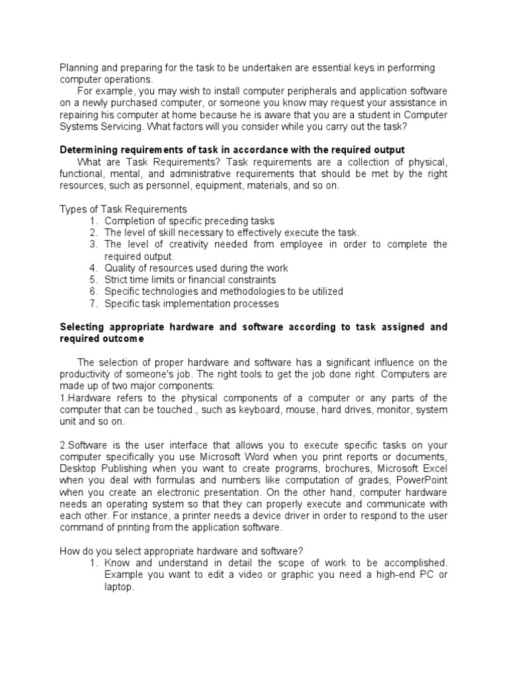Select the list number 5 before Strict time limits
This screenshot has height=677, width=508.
[93, 280]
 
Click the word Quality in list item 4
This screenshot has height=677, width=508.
[120, 268]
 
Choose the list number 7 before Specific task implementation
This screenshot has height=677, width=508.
[93, 303]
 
